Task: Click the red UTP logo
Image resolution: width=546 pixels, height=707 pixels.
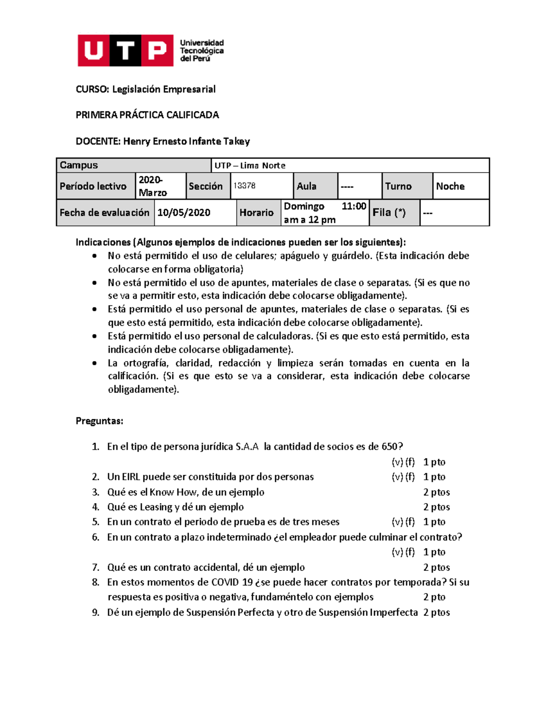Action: (125, 51)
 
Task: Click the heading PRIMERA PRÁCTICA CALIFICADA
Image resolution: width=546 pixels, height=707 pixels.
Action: (147, 115)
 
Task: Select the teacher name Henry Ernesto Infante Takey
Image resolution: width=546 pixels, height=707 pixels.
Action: (186, 142)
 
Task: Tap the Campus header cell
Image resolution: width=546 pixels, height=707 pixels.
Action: (134, 165)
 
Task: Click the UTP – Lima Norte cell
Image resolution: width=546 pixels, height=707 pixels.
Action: (250, 166)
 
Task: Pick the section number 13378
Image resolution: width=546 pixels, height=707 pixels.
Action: (244, 186)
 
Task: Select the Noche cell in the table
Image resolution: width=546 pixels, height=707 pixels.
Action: (450, 186)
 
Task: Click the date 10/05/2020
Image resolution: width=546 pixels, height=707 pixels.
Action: (184, 213)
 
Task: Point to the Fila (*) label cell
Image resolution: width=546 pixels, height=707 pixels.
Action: (389, 213)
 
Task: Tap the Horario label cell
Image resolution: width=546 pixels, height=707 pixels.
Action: (257, 213)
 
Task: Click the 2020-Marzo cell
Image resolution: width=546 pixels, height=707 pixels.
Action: (153, 186)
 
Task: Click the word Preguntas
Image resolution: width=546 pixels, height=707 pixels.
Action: (99, 421)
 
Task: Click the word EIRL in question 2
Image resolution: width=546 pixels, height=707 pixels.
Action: (131, 477)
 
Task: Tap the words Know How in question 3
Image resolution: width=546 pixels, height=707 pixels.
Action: (174, 492)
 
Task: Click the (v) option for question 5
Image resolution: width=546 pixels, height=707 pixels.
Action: (397, 522)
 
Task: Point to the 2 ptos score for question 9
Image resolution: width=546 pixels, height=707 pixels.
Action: (436, 613)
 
